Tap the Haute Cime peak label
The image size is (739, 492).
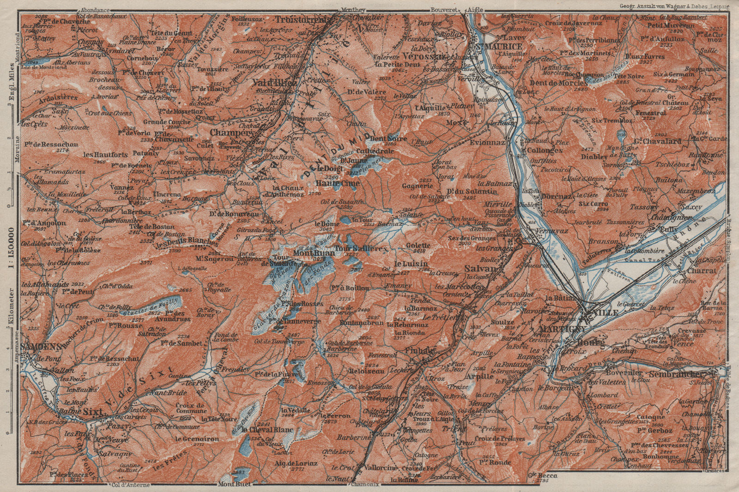coord(331,183)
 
